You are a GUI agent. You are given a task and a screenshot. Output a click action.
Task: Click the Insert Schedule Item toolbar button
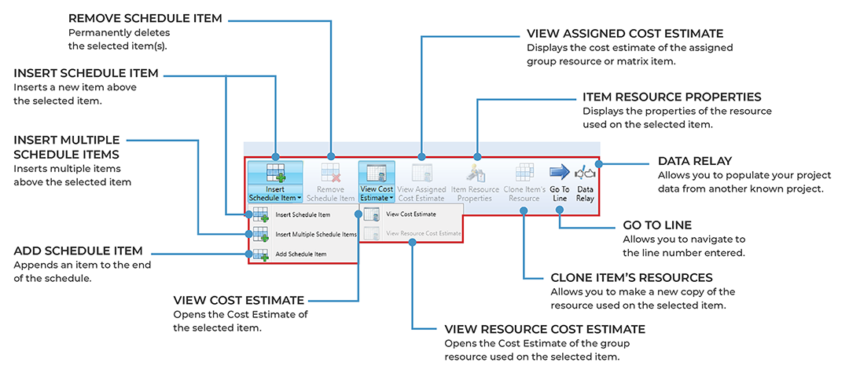[x=274, y=181]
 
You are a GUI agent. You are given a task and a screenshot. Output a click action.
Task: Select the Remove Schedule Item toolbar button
[x=331, y=181]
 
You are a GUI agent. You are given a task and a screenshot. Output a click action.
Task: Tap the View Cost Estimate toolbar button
[x=375, y=181]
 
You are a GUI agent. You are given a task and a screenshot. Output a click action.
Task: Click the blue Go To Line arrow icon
[x=559, y=172]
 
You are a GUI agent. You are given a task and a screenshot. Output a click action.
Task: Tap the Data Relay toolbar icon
[x=585, y=173]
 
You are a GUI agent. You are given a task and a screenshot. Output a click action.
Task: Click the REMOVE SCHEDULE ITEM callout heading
[x=145, y=18]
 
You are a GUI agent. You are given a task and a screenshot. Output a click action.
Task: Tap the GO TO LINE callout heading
[x=656, y=225]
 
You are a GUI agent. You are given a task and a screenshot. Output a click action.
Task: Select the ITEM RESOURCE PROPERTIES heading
[x=672, y=97]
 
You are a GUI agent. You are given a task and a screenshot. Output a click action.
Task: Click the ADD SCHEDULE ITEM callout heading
[x=79, y=251]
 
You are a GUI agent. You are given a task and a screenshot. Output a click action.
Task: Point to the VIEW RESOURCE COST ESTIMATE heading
[x=545, y=329]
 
